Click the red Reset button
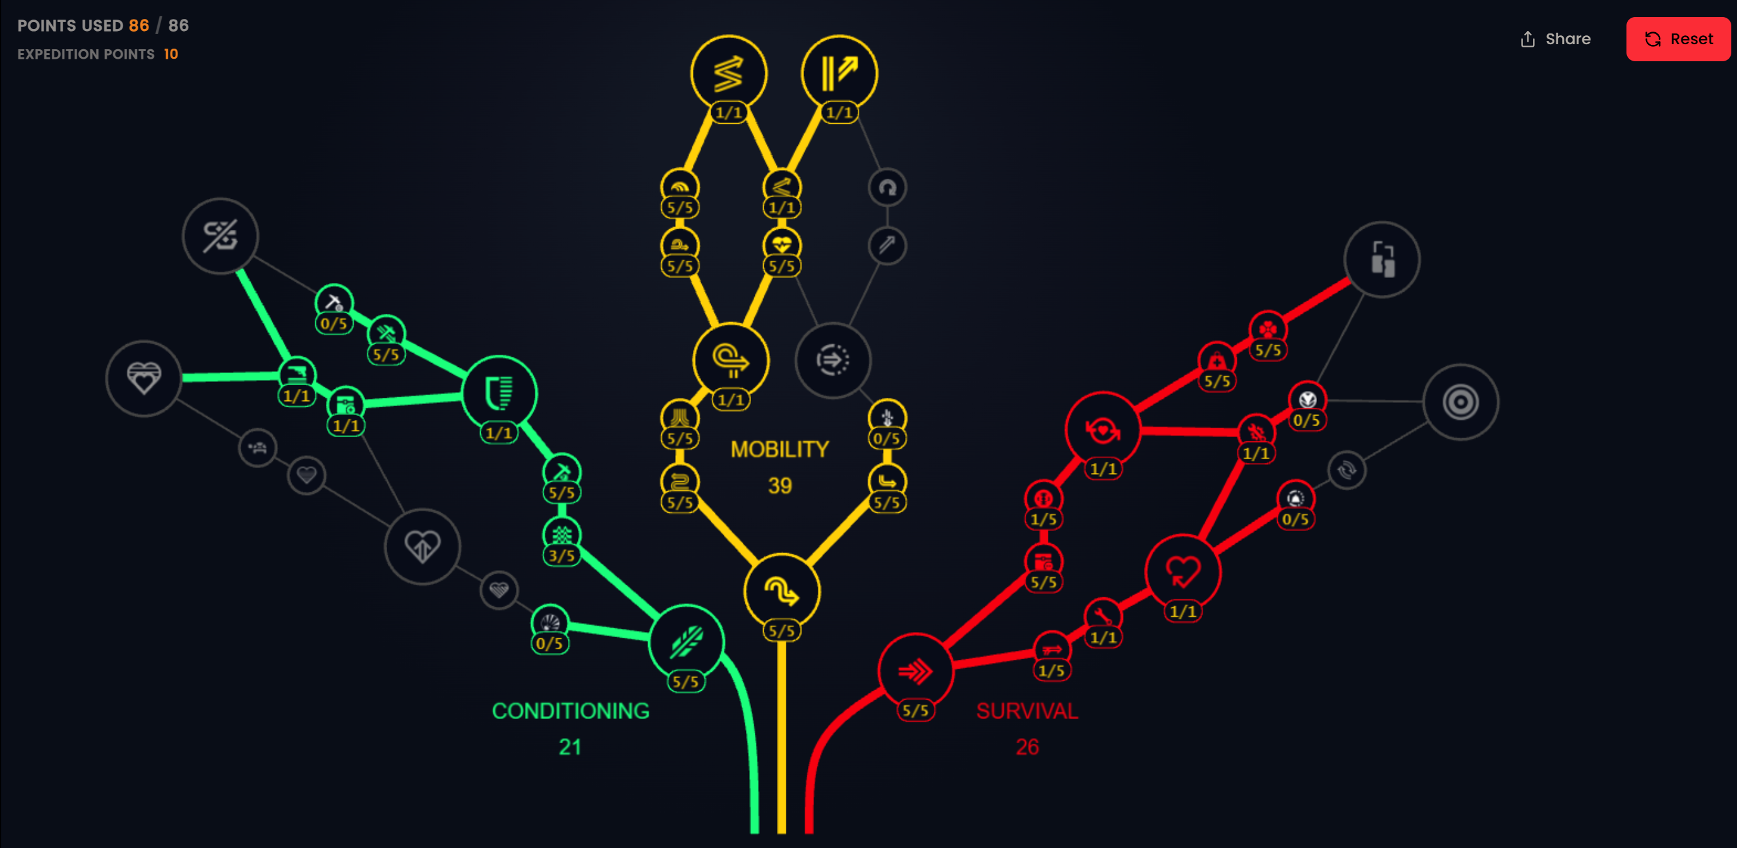pyautogui.click(x=1678, y=39)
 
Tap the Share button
pyautogui.click(x=1556, y=39)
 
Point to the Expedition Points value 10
pyautogui.click(x=171, y=54)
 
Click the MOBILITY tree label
pyautogui.click(x=779, y=449)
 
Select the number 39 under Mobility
pyautogui.click(x=779, y=486)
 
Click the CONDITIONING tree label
pyautogui.click(x=570, y=710)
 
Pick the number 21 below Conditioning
pyautogui.click(x=570, y=747)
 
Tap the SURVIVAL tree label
pyautogui.click(x=1027, y=710)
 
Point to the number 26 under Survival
pyautogui.click(x=1027, y=747)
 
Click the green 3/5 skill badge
pyautogui.click(x=562, y=556)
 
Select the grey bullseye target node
pyautogui.click(x=1460, y=402)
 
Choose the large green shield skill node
pyautogui.click(x=499, y=393)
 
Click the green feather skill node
pyautogui.click(x=687, y=642)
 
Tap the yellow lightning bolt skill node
pyautogui.click(x=728, y=73)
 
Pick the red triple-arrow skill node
pyautogui.click(x=915, y=671)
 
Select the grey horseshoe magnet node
pyautogui.click(x=887, y=188)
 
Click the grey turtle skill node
pyautogui.click(x=258, y=448)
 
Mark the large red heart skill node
pyautogui.click(x=1182, y=571)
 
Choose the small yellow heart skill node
pyautogui.click(x=781, y=244)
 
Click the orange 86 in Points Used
pyautogui.click(x=139, y=26)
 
